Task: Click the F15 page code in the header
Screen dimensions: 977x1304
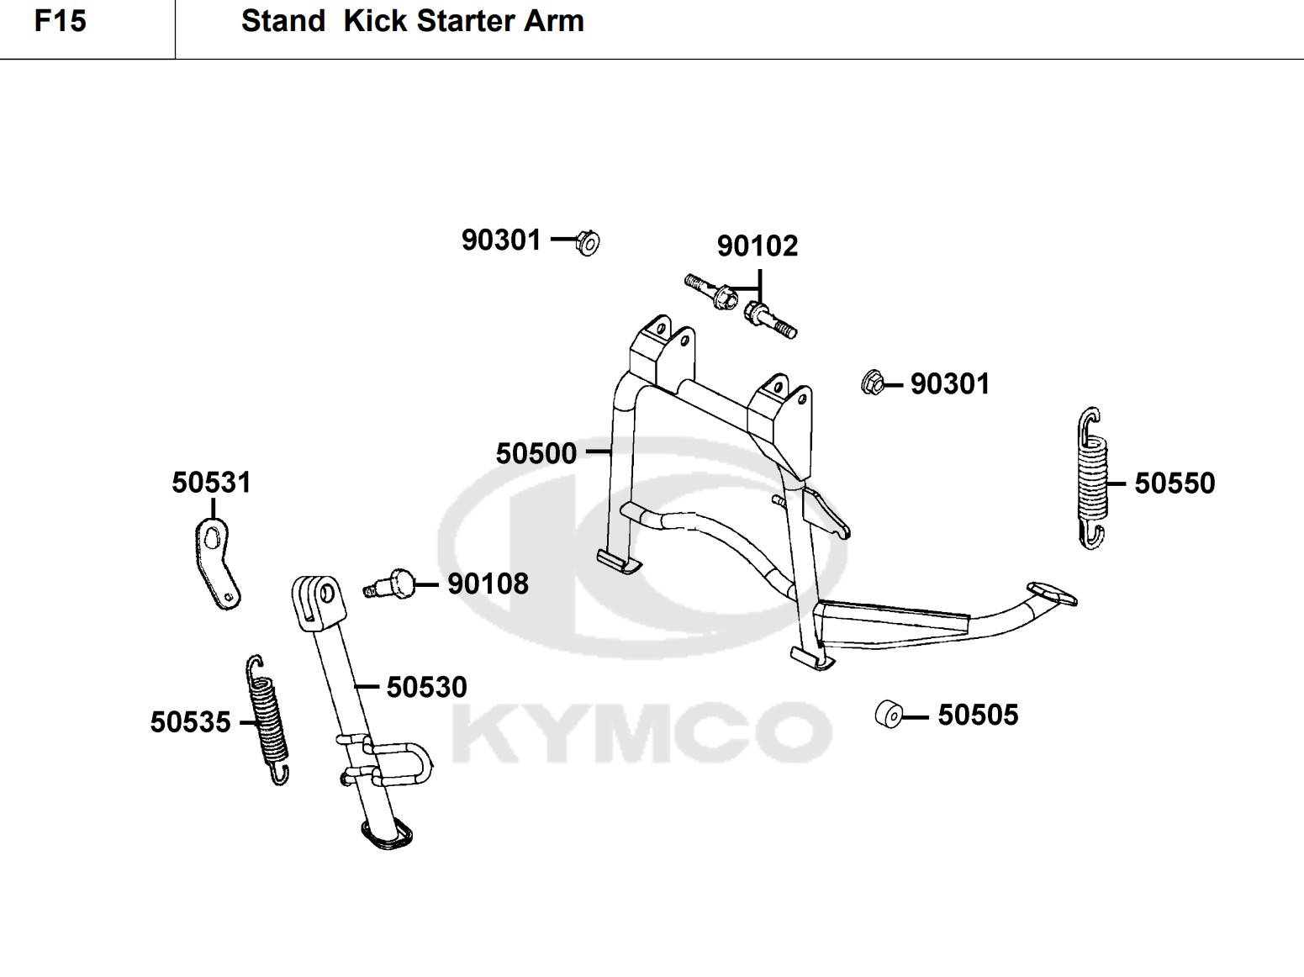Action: tap(61, 21)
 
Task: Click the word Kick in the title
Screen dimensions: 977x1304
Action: tap(374, 21)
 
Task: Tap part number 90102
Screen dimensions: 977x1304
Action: tap(757, 246)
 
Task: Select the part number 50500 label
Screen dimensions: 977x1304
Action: tap(536, 454)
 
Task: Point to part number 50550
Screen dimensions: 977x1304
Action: tap(1175, 483)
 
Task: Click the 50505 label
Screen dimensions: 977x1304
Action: tap(978, 716)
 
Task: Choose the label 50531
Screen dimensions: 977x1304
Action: tap(211, 483)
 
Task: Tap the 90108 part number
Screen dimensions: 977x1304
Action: tap(488, 584)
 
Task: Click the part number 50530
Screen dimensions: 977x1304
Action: tap(426, 688)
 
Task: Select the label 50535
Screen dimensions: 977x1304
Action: tap(190, 722)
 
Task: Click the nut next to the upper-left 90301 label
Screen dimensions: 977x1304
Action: tap(588, 242)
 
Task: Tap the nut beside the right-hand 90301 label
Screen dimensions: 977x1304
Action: tap(873, 383)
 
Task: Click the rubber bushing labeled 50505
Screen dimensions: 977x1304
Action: tap(889, 715)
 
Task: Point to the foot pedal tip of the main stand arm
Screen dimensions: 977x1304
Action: tap(1051, 593)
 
